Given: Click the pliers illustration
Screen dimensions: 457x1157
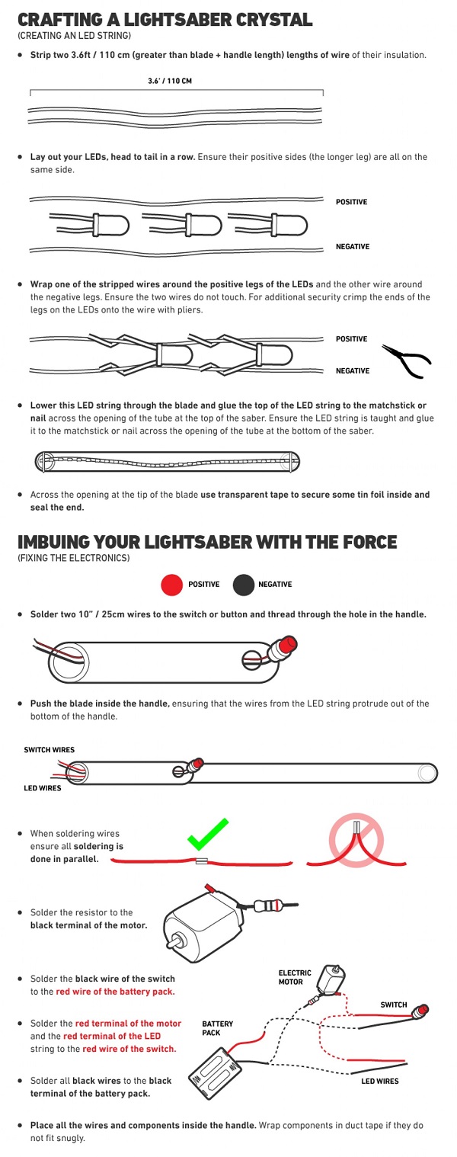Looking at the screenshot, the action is [x=407, y=361].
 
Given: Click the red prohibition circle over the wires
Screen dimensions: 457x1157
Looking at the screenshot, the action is [x=356, y=839].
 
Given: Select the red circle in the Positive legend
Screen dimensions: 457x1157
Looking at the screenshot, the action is [x=171, y=585].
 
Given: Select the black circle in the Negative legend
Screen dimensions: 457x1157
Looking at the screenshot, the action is [x=243, y=585].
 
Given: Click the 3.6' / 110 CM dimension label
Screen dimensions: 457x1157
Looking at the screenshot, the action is [x=169, y=81].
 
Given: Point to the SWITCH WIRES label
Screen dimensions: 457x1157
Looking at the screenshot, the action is [x=49, y=749].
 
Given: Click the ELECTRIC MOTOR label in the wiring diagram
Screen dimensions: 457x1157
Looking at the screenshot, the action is [x=295, y=977].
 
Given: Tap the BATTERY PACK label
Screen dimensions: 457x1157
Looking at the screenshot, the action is [x=217, y=1028].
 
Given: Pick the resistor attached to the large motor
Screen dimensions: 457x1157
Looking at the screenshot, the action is [x=268, y=905].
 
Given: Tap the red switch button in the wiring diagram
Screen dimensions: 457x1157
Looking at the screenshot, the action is [x=421, y=1011].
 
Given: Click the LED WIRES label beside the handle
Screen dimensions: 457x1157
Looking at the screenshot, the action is [x=43, y=787].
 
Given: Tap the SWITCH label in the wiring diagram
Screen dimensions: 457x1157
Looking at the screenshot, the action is [x=394, y=1005].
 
